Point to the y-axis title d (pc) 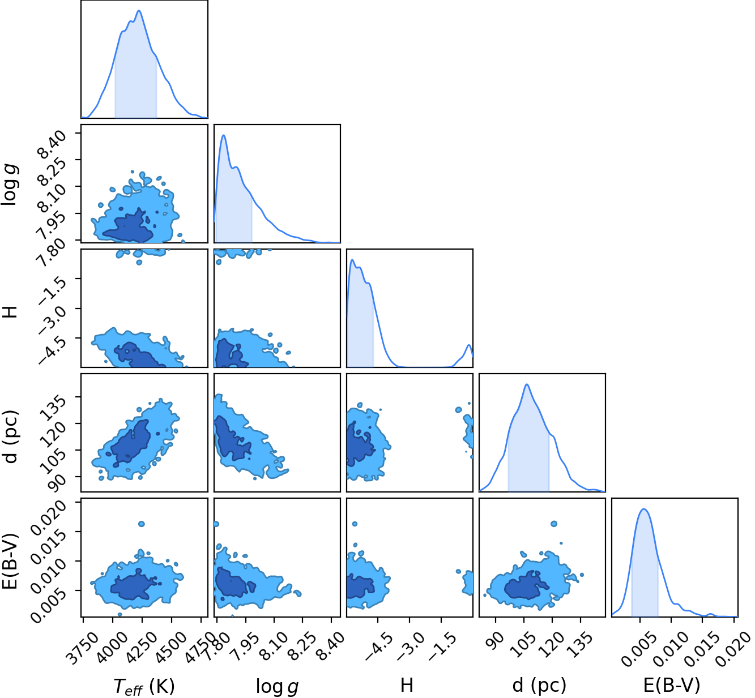tap(11, 436)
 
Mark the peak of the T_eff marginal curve tap(139, 11)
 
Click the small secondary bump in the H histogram tap(469, 345)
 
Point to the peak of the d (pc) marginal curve tap(527, 384)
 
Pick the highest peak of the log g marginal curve tap(224, 135)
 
